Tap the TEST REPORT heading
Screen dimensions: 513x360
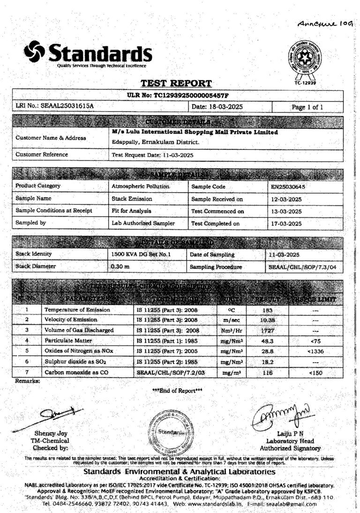click(176, 84)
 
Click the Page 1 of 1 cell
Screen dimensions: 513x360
click(307, 107)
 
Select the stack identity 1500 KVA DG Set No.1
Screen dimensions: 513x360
click(138, 254)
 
